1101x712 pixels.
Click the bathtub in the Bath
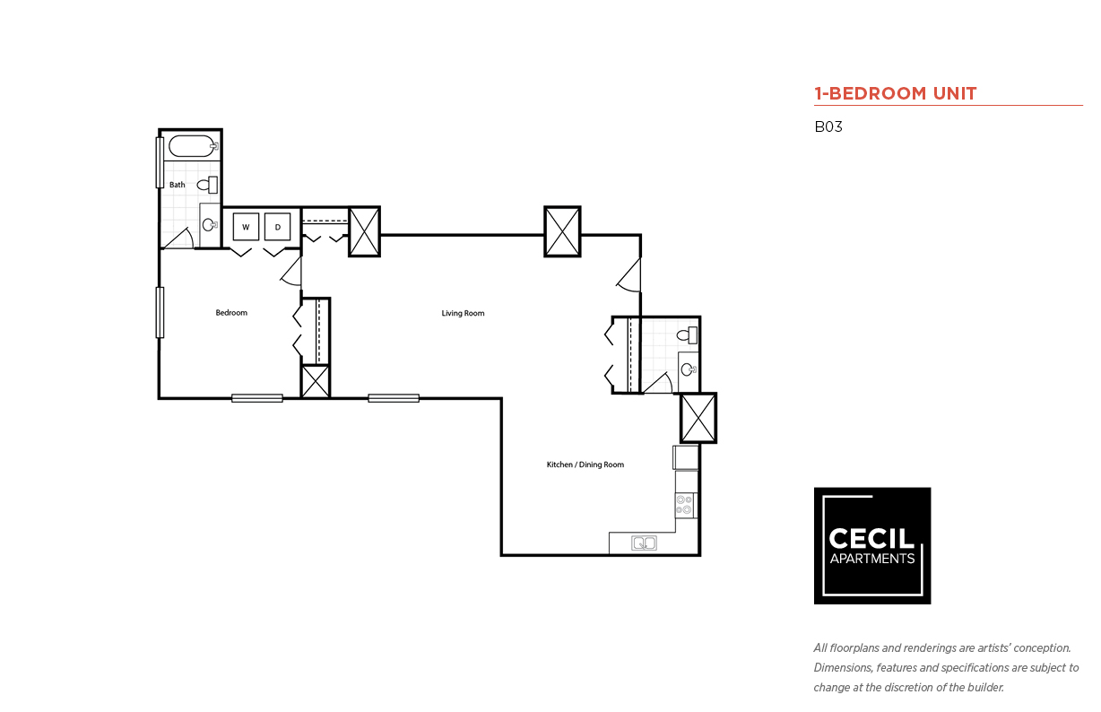point(193,146)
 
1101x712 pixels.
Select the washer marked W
point(246,227)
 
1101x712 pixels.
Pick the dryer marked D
point(277,227)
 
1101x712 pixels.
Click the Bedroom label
point(231,313)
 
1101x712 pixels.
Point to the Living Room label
point(463,313)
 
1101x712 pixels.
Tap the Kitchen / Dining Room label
point(585,465)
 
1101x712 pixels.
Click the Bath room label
point(178,185)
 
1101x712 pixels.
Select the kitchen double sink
point(644,543)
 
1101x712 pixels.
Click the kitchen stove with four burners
point(686,506)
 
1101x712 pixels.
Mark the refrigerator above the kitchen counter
point(686,458)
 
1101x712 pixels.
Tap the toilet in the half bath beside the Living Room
point(687,334)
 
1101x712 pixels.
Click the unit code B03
point(828,126)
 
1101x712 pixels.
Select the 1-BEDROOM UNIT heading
point(895,93)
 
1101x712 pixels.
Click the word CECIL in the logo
point(871,538)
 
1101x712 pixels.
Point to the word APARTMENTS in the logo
point(872,559)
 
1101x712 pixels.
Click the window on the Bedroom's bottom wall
point(257,398)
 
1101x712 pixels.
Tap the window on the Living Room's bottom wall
point(394,398)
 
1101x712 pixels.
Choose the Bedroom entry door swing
point(291,272)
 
